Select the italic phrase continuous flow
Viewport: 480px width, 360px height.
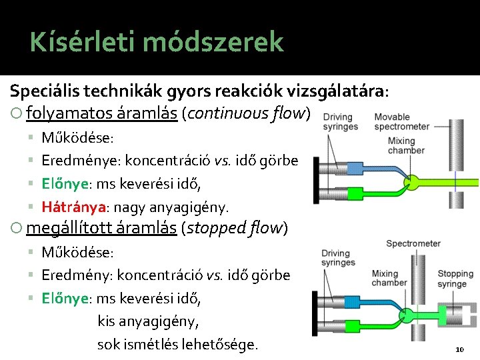tap(248, 113)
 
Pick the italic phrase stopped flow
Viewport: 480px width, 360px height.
tap(237, 228)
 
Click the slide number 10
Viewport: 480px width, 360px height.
tap(459, 349)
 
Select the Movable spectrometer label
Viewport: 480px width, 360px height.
tap(401, 122)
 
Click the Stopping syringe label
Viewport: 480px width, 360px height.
tap(455, 279)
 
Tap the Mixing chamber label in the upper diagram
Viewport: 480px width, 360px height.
tap(401, 145)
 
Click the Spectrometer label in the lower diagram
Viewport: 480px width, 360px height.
tap(413, 243)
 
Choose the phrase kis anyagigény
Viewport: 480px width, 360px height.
tap(148, 321)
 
